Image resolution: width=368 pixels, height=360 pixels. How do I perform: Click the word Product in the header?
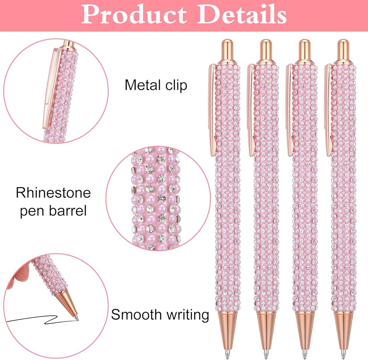coord(132,14)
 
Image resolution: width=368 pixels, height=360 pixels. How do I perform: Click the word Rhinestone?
coord(53,193)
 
